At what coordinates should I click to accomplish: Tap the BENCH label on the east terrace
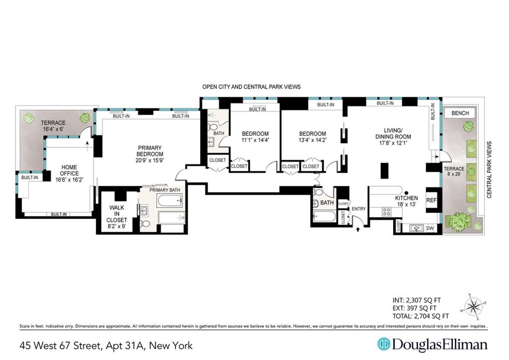[460, 113]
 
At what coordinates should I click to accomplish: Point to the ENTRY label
[358, 208]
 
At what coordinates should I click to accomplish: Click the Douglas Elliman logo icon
[384, 344]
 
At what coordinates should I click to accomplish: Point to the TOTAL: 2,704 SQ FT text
[422, 316]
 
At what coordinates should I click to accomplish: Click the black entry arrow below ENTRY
[357, 230]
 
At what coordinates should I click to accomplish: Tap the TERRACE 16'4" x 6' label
[53, 126]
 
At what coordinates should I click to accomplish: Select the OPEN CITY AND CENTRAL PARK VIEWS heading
[251, 87]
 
